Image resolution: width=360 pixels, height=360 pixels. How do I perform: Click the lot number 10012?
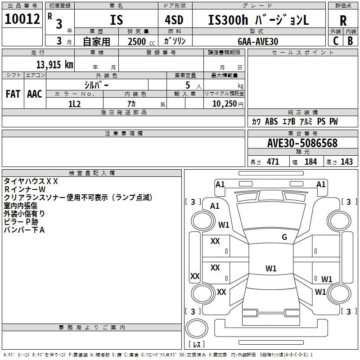coord(22,19)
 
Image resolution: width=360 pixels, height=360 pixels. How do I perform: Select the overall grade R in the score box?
coord(343,21)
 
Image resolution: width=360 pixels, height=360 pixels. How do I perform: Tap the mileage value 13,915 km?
coord(54,64)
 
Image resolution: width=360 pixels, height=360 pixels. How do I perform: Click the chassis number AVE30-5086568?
coord(302,143)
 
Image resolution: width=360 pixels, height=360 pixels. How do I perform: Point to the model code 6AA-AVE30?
coord(258,41)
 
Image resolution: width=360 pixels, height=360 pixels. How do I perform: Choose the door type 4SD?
coord(174,20)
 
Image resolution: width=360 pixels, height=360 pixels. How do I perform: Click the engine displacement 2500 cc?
coord(141,41)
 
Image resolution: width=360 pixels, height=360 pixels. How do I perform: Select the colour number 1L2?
coord(74,104)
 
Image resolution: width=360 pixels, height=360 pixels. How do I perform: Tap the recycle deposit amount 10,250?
coord(224,103)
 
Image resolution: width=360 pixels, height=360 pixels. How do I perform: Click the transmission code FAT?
coord(13,94)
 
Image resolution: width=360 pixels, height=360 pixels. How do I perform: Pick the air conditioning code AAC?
coord(35,94)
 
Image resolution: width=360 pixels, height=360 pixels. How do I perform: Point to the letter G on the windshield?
coord(284,237)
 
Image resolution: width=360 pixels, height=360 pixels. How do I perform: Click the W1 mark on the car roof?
coord(271,268)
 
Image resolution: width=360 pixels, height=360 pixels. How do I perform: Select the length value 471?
coord(273,162)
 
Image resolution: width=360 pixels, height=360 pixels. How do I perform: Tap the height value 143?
coord(346,162)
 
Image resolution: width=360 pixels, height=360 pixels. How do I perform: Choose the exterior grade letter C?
coord(336,41)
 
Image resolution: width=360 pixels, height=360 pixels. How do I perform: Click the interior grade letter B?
coord(350,41)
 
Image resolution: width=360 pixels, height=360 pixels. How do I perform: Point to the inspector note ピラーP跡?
coord(21,222)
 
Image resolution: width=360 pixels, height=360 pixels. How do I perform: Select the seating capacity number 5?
coord(188,85)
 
